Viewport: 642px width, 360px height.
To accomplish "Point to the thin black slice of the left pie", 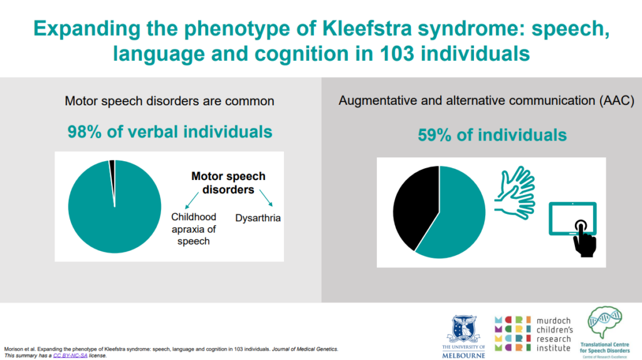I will click(x=112, y=164).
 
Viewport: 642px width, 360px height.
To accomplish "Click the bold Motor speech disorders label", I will click(x=228, y=183).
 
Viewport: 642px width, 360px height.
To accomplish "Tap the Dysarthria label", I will click(x=258, y=218).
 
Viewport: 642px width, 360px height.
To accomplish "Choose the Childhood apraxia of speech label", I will click(x=194, y=228).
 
